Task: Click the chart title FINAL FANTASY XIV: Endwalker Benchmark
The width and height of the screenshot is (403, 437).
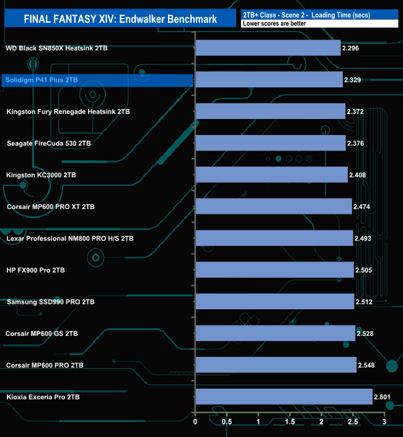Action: pyautogui.click(x=120, y=19)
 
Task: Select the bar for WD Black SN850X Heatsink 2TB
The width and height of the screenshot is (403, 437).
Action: pyautogui.click(x=268, y=48)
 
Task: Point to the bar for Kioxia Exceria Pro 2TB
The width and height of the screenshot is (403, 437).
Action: pyautogui.click(x=284, y=396)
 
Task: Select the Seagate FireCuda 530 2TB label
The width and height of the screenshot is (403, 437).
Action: pyautogui.click(x=48, y=143)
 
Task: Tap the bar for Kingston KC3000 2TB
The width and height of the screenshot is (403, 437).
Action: pyautogui.click(x=272, y=175)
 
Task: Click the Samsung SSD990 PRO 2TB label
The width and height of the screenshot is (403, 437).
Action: pyautogui.click(x=50, y=302)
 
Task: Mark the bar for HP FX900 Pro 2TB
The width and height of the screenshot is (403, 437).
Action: pyautogui.click(x=275, y=270)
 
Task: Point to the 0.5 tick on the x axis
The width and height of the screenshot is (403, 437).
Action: pyautogui.click(x=227, y=422)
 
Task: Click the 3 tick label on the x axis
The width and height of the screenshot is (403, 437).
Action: pyautogui.click(x=384, y=422)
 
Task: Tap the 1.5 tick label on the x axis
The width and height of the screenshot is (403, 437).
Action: pyautogui.click(x=290, y=422)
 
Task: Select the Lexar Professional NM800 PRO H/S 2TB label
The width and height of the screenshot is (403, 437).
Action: pyautogui.click(x=69, y=238)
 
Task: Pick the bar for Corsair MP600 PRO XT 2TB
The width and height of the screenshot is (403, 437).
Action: pyautogui.click(x=273, y=206)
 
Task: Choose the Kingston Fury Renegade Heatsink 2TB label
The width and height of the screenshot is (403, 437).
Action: pyautogui.click(x=68, y=112)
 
